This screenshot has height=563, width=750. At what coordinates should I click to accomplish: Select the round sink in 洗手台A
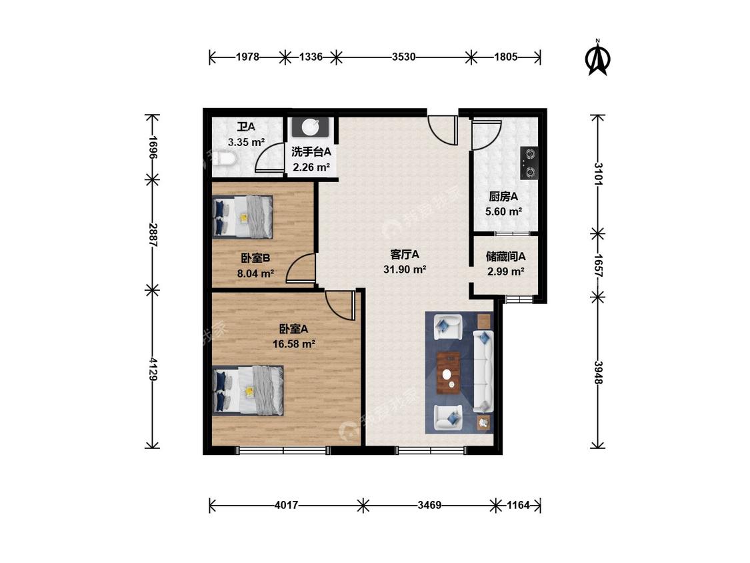point(310,127)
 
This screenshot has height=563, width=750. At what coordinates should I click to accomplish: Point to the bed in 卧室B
point(243,216)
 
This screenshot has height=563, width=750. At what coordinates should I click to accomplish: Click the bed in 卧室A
point(248,391)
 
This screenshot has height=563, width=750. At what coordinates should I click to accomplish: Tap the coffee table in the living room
point(449,372)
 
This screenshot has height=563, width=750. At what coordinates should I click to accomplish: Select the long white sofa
point(483,371)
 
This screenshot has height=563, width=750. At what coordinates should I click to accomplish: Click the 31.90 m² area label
point(405,270)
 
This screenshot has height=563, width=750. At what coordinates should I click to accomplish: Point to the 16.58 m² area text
point(294,344)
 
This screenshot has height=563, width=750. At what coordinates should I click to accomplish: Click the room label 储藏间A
point(505,257)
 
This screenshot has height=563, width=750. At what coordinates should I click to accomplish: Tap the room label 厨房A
point(503,197)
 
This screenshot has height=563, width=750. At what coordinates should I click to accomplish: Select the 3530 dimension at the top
point(404,57)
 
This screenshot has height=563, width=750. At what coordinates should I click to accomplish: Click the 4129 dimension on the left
point(153,369)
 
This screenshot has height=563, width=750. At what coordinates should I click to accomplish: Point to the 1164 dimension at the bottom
point(518,505)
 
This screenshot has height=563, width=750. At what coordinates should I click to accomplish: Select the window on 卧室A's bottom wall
point(283,450)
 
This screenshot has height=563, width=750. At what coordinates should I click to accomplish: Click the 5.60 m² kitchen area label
point(503,211)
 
